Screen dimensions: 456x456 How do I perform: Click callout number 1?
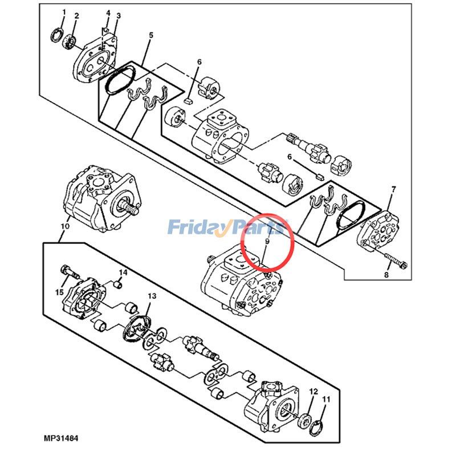(64, 12)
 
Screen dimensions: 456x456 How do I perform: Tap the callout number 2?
(76, 15)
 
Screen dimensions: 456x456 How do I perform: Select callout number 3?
(118, 15)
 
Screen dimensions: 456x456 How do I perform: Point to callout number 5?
(151, 35)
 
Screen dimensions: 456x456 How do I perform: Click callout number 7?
(392, 189)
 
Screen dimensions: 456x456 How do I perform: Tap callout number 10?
(64, 227)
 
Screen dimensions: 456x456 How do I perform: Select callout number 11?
(326, 400)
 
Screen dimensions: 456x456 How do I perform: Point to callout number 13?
(152, 296)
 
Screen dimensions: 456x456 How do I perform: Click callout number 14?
(124, 272)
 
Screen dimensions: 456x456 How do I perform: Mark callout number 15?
(59, 292)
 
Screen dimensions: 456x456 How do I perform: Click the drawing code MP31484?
(60, 438)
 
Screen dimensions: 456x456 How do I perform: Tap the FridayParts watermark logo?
(226, 229)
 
